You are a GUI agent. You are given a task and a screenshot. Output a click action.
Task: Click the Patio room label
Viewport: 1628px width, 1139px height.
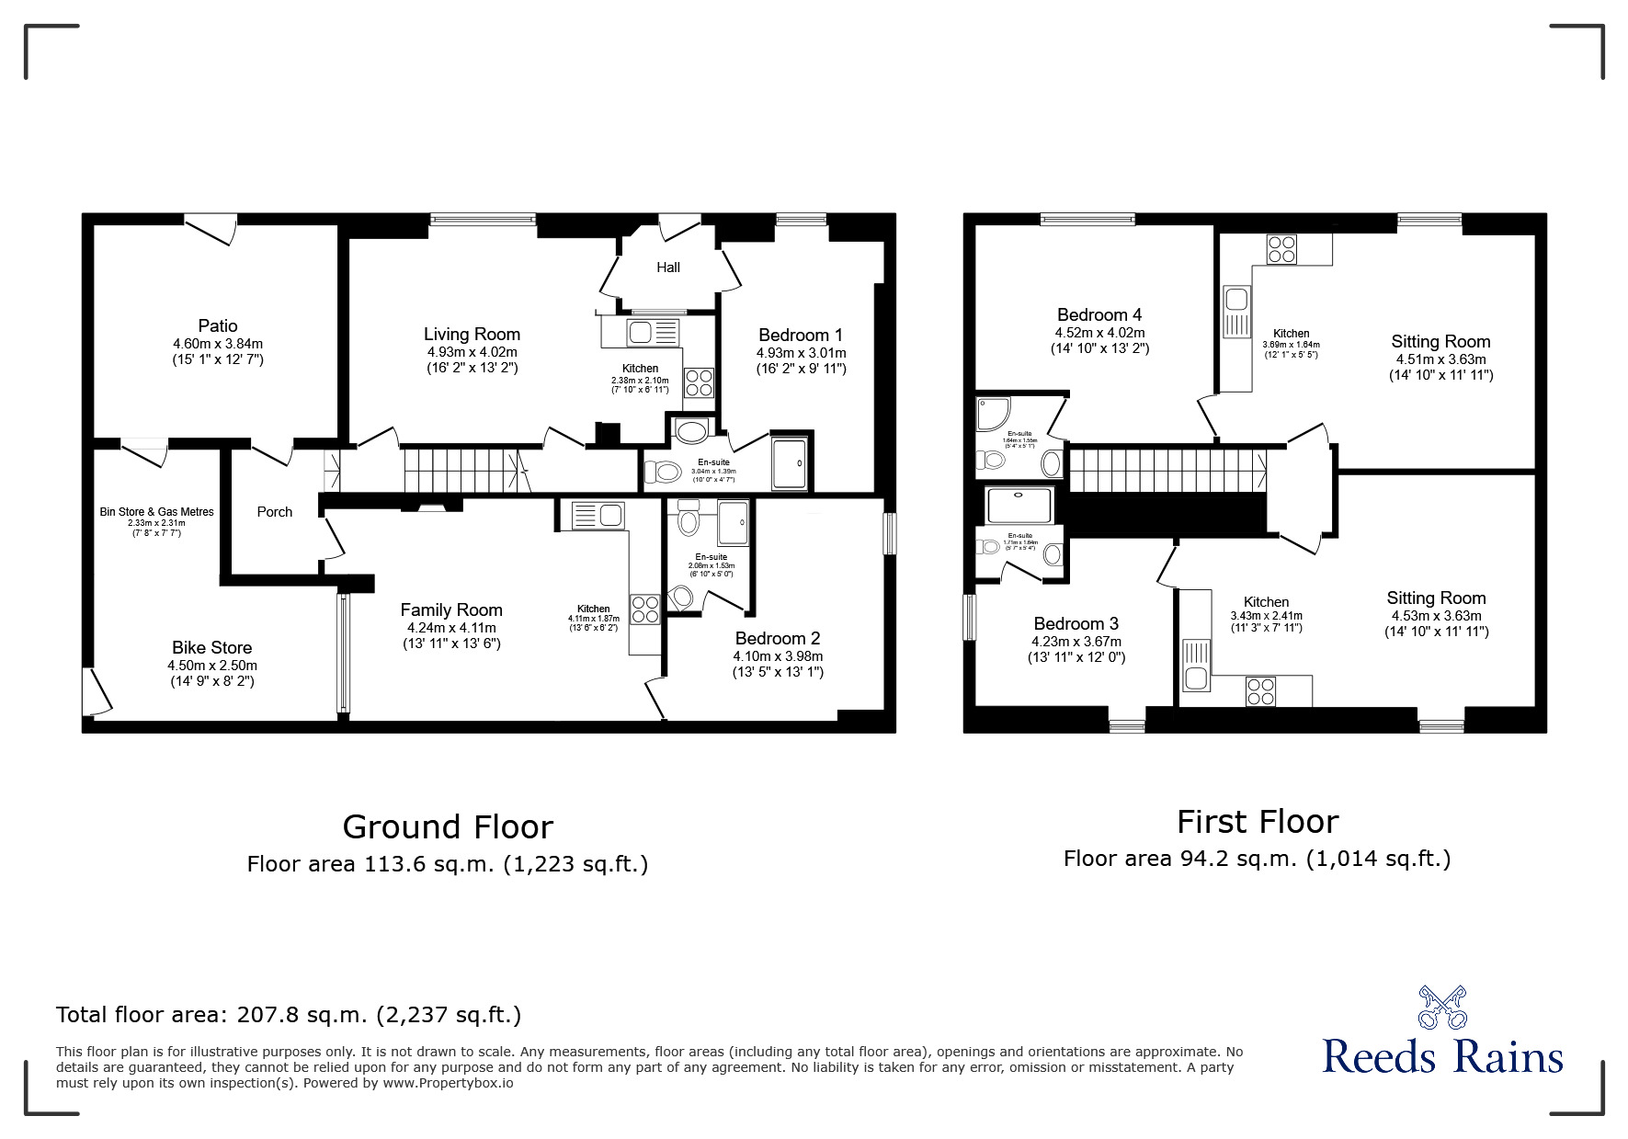click(218, 325)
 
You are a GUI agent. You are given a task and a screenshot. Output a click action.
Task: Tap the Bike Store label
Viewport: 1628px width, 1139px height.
click(211, 647)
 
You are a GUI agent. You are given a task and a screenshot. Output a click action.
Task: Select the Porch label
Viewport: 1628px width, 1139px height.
click(274, 512)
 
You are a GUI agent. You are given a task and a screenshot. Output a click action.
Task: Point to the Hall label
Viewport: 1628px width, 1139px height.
click(668, 268)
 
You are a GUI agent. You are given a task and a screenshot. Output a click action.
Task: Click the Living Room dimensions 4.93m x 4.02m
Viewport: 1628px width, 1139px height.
click(472, 352)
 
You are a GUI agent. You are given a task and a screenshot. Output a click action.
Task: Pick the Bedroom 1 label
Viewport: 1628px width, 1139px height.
click(800, 336)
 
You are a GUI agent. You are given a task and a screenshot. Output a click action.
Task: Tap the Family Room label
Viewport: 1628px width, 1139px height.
click(450, 609)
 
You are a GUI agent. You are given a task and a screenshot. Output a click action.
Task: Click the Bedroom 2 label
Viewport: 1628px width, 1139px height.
click(777, 638)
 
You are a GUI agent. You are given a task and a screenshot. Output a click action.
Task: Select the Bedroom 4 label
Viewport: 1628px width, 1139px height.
click(1099, 314)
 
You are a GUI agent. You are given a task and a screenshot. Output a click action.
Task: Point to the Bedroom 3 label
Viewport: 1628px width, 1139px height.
click(1076, 623)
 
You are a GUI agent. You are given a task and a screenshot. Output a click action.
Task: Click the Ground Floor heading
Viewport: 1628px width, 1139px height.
click(448, 827)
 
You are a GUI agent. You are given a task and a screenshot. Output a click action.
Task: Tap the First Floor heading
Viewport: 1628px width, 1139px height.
click(1257, 821)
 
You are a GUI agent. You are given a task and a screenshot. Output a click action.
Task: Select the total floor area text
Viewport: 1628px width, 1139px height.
click(289, 1015)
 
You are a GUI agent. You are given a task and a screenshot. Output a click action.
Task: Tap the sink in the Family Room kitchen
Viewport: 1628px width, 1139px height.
click(597, 514)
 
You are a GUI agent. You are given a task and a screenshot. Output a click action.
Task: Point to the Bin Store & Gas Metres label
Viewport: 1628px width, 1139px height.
click(156, 512)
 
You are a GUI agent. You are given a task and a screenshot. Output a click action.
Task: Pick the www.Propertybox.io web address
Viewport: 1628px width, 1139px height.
click(448, 1083)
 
